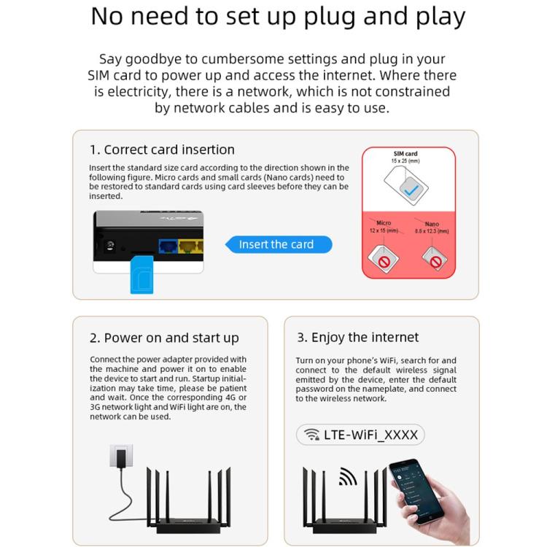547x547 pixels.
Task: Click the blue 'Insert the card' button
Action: coord(276,244)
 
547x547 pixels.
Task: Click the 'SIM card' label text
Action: coord(406,154)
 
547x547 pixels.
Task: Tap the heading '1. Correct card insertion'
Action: coord(162,150)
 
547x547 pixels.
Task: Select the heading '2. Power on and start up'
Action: coord(164,338)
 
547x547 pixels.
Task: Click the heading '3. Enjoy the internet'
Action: coord(357,337)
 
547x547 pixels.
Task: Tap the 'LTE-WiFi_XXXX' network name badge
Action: coord(360,435)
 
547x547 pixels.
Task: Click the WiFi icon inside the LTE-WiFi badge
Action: coord(312,435)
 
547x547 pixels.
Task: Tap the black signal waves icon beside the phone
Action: coord(348,477)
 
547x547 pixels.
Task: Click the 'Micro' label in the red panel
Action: coord(384,222)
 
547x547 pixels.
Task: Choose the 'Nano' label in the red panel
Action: coord(432,224)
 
